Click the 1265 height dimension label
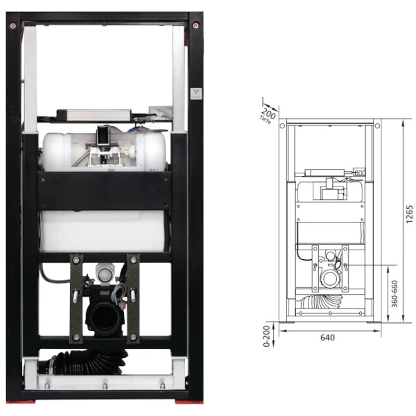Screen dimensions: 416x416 pyautogui.click(x=409, y=214)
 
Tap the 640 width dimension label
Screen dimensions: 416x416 pyautogui.click(x=327, y=338)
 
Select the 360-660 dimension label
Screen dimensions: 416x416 pyautogui.click(x=395, y=294)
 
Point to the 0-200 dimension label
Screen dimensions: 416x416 pyautogui.click(x=266, y=336)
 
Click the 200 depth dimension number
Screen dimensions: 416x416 pyautogui.click(x=269, y=114)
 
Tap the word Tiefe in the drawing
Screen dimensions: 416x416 pyautogui.click(x=265, y=120)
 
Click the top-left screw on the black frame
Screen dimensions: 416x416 pyautogui.click(x=12, y=26)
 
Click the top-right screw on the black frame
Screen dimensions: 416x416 pyautogui.click(x=196, y=26)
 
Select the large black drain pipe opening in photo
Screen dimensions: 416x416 pyautogui.click(x=105, y=318)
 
